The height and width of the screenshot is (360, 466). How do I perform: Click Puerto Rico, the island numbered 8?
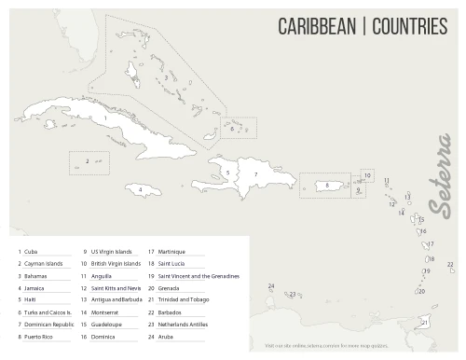(329, 186)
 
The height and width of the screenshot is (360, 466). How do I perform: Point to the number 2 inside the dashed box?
(87, 161)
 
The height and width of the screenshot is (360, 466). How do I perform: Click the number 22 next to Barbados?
(450, 265)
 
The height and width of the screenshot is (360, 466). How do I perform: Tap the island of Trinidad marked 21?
(426, 322)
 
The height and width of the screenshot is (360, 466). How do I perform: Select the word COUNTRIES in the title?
(409, 26)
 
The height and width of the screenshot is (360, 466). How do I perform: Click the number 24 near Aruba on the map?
(270, 286)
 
